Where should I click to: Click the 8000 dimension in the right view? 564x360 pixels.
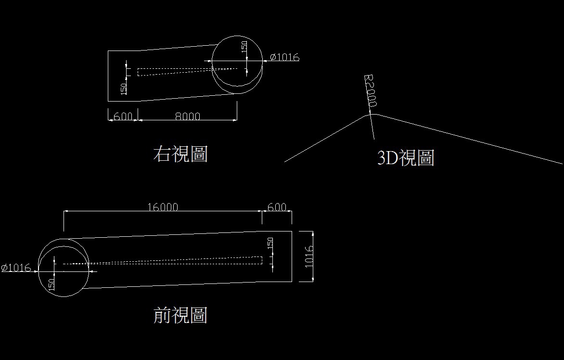coord(187,116)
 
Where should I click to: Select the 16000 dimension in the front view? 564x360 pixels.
coord(163,207)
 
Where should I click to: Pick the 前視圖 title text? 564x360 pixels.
coord(180,316)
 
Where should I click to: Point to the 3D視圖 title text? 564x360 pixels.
coord(406,158)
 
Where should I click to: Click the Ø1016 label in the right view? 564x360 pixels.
coord(284,57)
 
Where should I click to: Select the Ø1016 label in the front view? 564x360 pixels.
coord(16,268)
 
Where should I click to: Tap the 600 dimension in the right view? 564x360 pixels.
coord(123,116)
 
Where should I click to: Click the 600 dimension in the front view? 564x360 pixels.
coord(277,207)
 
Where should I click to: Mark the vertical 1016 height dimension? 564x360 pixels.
coord(309,256)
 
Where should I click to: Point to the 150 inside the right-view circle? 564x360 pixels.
coord(244,47)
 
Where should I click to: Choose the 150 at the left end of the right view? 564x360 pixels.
coord(123,89)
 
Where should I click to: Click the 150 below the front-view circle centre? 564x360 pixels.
coord(51,283)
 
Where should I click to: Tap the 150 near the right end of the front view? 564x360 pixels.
coord(270,243)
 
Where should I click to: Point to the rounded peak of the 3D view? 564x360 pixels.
coord(369,114)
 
